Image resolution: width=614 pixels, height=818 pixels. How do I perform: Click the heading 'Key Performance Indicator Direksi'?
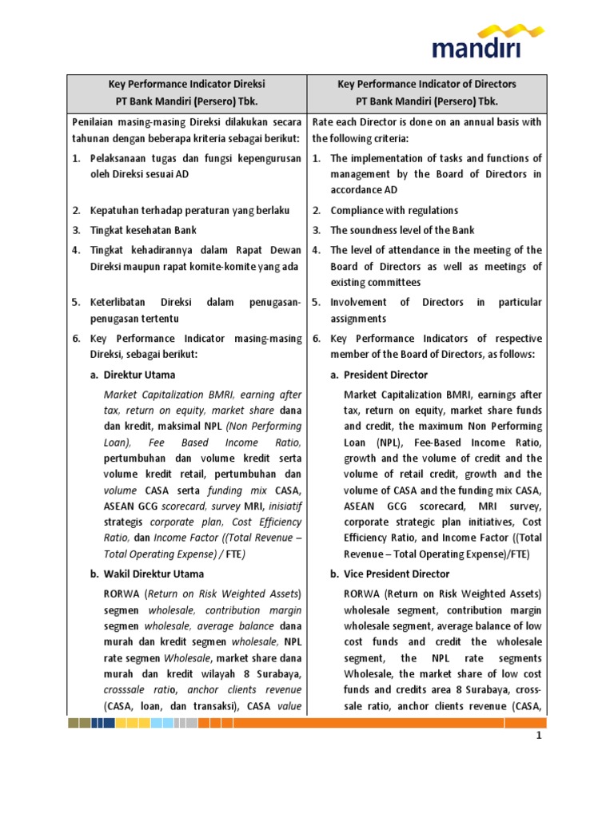click(187, 84)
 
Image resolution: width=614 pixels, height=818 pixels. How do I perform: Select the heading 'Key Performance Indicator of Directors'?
click(427, 84)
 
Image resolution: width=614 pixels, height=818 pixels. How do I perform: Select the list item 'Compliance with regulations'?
click(394, 211)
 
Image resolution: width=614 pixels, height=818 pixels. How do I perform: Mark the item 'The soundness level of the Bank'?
click(402, 230)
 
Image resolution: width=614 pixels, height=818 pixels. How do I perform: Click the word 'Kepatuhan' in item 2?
click(115, 211)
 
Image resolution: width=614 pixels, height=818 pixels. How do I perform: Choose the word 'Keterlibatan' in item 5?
click(120, 302)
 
